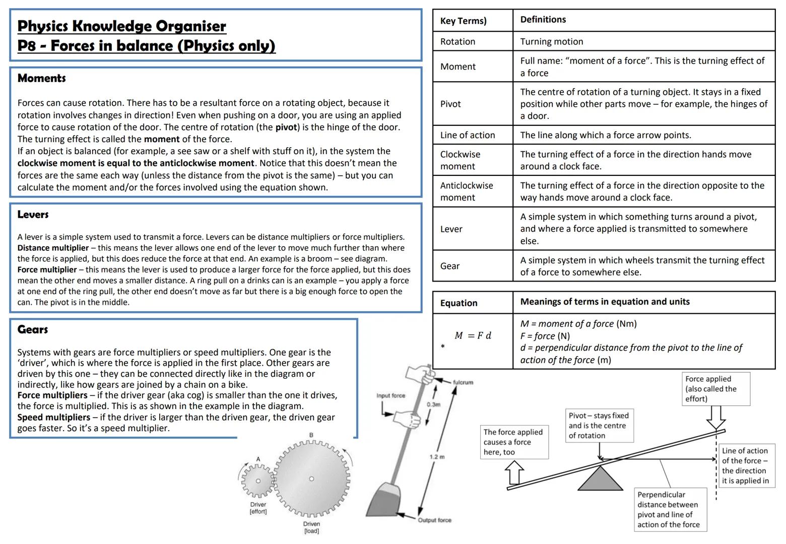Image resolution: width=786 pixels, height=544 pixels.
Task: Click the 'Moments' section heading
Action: (x=41, y=78)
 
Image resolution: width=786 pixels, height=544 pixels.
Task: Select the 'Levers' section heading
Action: (x=33, y=215)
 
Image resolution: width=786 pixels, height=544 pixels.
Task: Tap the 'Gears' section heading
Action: (x=32, y=329)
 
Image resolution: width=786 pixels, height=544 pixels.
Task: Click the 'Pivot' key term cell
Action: (x=450, y=104)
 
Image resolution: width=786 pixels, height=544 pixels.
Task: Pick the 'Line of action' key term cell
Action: (x=467, y=135)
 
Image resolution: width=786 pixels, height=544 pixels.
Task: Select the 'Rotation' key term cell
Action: (x=457, y=42)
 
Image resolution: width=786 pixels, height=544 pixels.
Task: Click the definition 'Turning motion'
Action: (x=551, y=42)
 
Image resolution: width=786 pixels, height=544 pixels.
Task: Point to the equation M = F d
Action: (x=473, y=335)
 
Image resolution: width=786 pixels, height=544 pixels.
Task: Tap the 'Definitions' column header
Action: (x=543, y=20)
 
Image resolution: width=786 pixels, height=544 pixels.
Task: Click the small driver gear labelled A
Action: (x=258, y=481)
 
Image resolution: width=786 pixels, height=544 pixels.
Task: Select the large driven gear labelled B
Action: (x=311, y=479)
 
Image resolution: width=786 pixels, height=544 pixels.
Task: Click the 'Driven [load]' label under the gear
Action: (x=311, y=527)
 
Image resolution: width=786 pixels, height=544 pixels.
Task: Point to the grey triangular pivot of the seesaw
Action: (x=600, y=479)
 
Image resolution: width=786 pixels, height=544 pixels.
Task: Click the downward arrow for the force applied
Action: (x=715, y=417)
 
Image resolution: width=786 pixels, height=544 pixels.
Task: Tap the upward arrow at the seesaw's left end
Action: (x=514, y=473)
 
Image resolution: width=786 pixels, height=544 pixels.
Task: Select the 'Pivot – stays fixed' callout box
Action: (x=598, y=426)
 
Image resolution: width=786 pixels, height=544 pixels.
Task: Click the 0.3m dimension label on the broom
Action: (x=433, y=404)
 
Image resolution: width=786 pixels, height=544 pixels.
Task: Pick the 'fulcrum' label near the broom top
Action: (x=463, y=382)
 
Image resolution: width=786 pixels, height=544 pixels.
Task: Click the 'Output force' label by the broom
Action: (x=434, y=520)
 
